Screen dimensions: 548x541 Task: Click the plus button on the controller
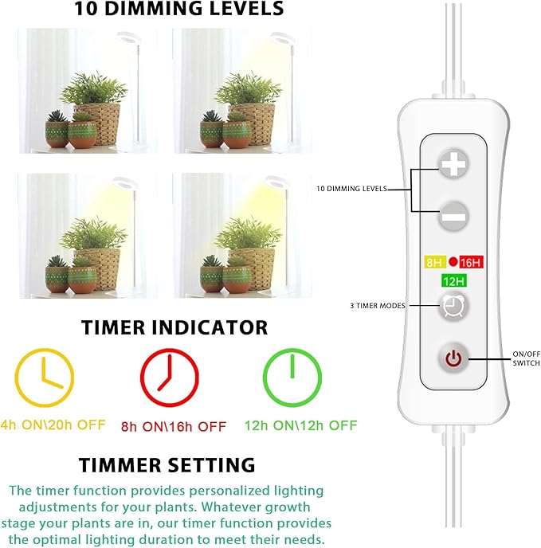453,165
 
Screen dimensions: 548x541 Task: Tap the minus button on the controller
453,215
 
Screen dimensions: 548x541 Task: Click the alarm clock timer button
453,305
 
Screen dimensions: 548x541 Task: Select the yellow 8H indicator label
434,262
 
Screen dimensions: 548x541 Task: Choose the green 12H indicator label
453,280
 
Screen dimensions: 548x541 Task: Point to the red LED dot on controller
453,262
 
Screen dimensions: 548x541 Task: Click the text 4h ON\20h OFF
53,425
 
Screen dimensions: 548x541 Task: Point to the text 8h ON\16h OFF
174,426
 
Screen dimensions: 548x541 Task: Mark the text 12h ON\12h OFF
301,425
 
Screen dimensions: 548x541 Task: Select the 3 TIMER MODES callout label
377,306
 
